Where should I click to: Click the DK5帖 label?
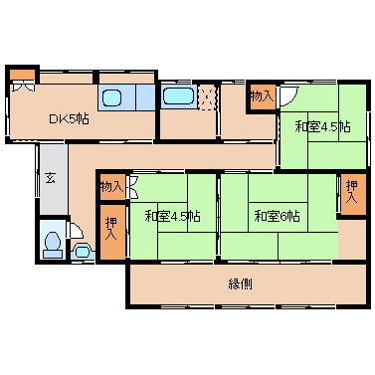click(x=69, y=118)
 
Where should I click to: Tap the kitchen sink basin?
click(x=111, y=97)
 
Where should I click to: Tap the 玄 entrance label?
click(x=51, y=179)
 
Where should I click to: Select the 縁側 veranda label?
click(x=240, y=283)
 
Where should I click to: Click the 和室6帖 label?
click(x=278, y=217)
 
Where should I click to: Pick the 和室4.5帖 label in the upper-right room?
click(x=323, y=126)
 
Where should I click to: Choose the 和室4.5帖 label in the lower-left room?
click(x=173, y=217)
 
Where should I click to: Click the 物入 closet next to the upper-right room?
click(x=262, y=96)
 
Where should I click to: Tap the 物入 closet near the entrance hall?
click(x=112, y=187)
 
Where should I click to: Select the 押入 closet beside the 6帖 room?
click(x=353, y=193)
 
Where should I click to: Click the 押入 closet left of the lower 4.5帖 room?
click(x=112, y=231)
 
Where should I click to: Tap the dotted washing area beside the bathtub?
click(x=207, y=96)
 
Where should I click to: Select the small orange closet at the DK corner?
click(x=22, y=75)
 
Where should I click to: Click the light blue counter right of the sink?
click(x=145, y=97)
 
